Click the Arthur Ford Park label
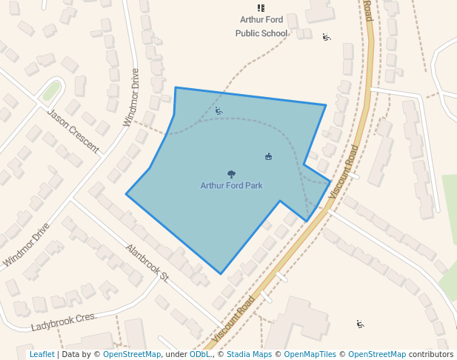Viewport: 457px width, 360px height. pyautogui.click(x=231, y=186)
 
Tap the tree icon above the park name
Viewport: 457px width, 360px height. pyautogui.click(x=231, y=175)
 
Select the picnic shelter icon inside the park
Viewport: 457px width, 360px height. pyautogui.click(x=268, y=156)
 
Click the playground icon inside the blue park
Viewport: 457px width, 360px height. pyautogui.click(x=219, y=111)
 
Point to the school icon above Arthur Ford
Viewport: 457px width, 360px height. pyautogui.click(x=261, y=7)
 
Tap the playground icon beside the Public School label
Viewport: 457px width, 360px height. pyautogui.click(x=327, y=36)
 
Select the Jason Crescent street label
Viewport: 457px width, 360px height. pyautogui.click(x=73, y=131)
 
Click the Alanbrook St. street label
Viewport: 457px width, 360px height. pyautogui.click(x=147, y=264)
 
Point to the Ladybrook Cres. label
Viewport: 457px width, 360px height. pyautogui.click(x=64, y=321)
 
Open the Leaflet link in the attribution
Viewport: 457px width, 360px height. pyautogui.click(x=41, y=355)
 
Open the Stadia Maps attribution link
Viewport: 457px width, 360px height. pyautogui.click(x=249, y=355)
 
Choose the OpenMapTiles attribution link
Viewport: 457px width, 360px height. pyautogui.click(x=310, y=355)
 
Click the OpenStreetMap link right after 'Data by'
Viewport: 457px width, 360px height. pyautogui.click(x=131, y=355)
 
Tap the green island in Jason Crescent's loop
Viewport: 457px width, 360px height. pyautogui.click(x=51, y=91)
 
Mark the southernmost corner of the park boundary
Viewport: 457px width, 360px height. pyautogui.click(x=221, y=274)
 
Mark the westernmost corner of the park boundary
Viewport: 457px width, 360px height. pyautogui.click(x=126, y=195)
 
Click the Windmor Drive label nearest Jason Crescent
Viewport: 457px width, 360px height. pyautogui.click(x=131, y=98)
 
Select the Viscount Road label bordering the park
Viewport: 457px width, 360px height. pyautogui.click(x=341, y=171)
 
